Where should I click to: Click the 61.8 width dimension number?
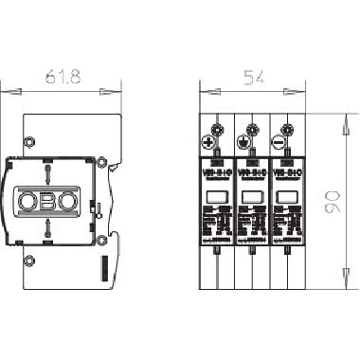[62, 77]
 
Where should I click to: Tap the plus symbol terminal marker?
[207, 142]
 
